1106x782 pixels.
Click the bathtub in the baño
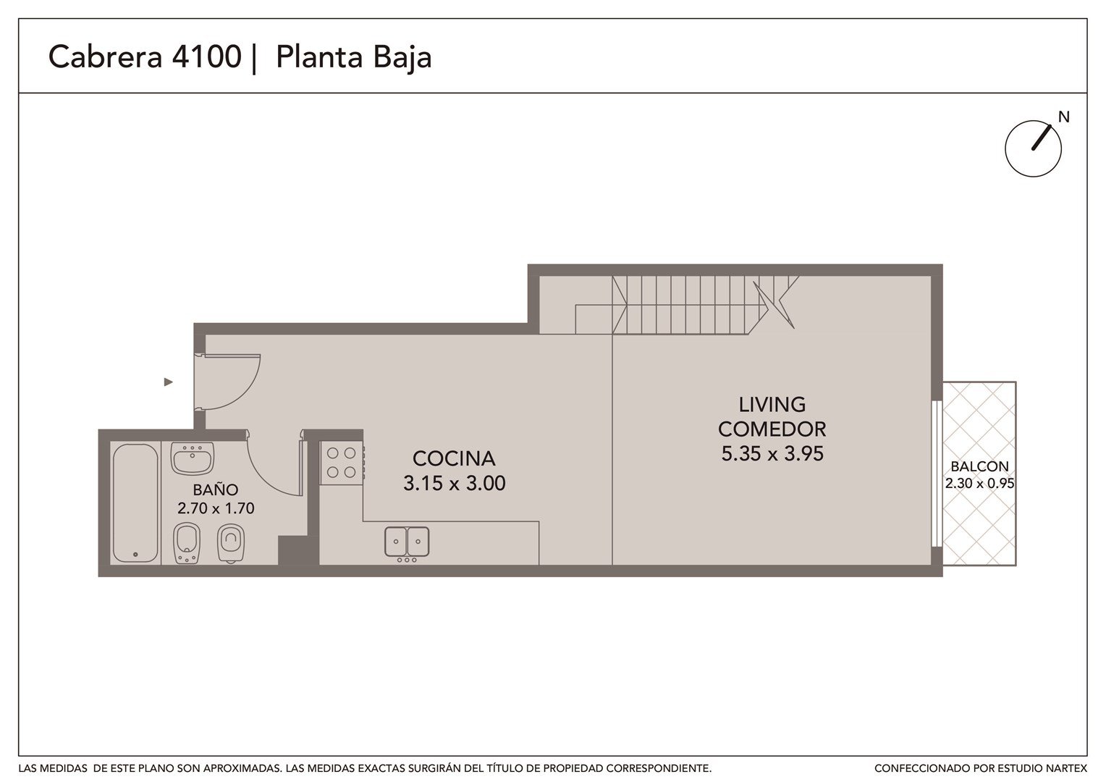(135, 503)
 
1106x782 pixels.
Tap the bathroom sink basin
(192, 458)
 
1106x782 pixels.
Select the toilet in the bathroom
(231, 543)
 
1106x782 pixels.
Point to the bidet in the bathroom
(187, 543)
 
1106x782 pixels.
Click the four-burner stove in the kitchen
(342, 463)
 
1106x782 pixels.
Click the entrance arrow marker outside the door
(169, 382)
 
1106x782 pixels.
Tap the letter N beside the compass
(1063, 117)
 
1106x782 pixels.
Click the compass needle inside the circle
(1041, 138)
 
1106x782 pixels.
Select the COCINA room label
(454, 458)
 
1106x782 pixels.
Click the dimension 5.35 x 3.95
(772, 453)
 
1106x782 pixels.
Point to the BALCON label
(979, 466)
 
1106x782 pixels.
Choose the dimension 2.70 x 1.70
(216, 508)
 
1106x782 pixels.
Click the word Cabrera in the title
(105, 56)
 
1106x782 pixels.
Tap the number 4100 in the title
(206, 56)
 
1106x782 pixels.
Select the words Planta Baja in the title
(353, 57)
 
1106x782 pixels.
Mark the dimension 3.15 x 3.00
(455, 483)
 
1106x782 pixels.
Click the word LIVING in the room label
(772, 405)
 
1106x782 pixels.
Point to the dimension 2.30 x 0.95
(979, 483)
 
